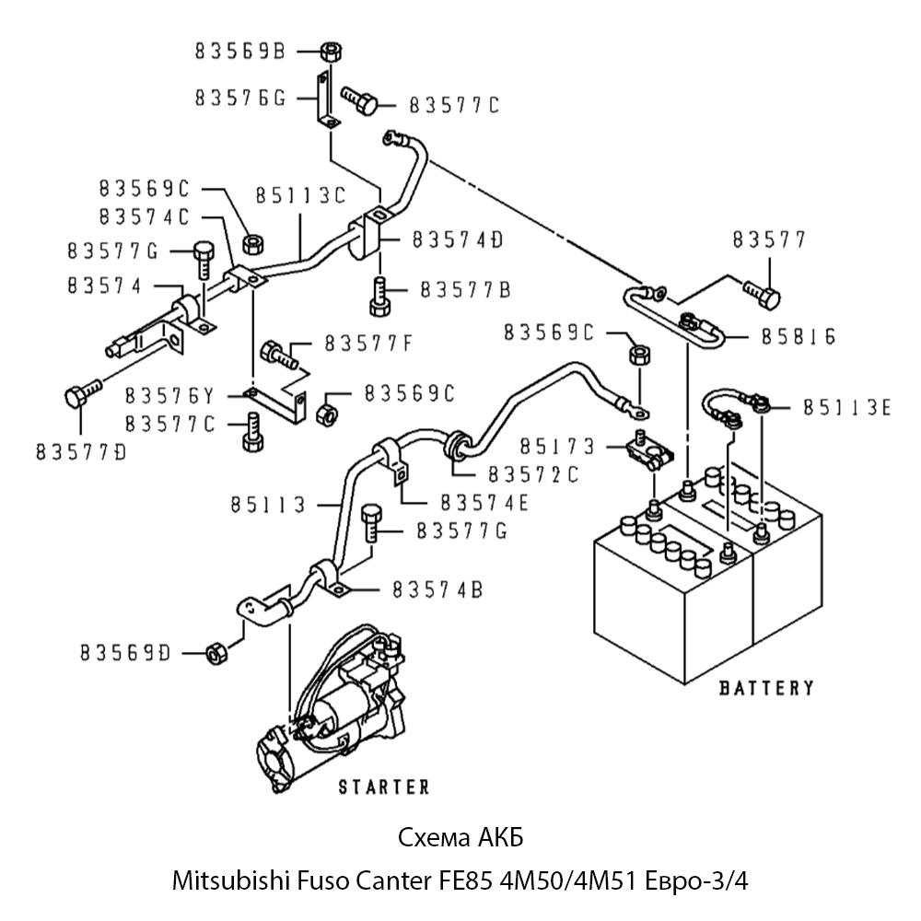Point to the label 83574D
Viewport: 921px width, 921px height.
click(x=458, y=239)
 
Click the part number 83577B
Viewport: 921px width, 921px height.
click(x=465, y=289)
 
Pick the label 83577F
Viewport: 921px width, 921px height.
click(x=368, y=345)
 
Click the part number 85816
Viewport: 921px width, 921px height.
click(x=799, y=337)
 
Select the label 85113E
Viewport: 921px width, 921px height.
click(x=846, y=406)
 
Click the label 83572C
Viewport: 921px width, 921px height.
click(x=533, y=474)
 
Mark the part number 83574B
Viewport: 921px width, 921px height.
click(x=437, y=589)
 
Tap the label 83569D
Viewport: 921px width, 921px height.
click(x=125, y=653)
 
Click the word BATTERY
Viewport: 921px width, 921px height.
click(x=766, y=687)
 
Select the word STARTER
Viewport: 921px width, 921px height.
click(x=384, y=787)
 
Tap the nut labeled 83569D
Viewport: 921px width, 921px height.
click(x=214, y=652)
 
